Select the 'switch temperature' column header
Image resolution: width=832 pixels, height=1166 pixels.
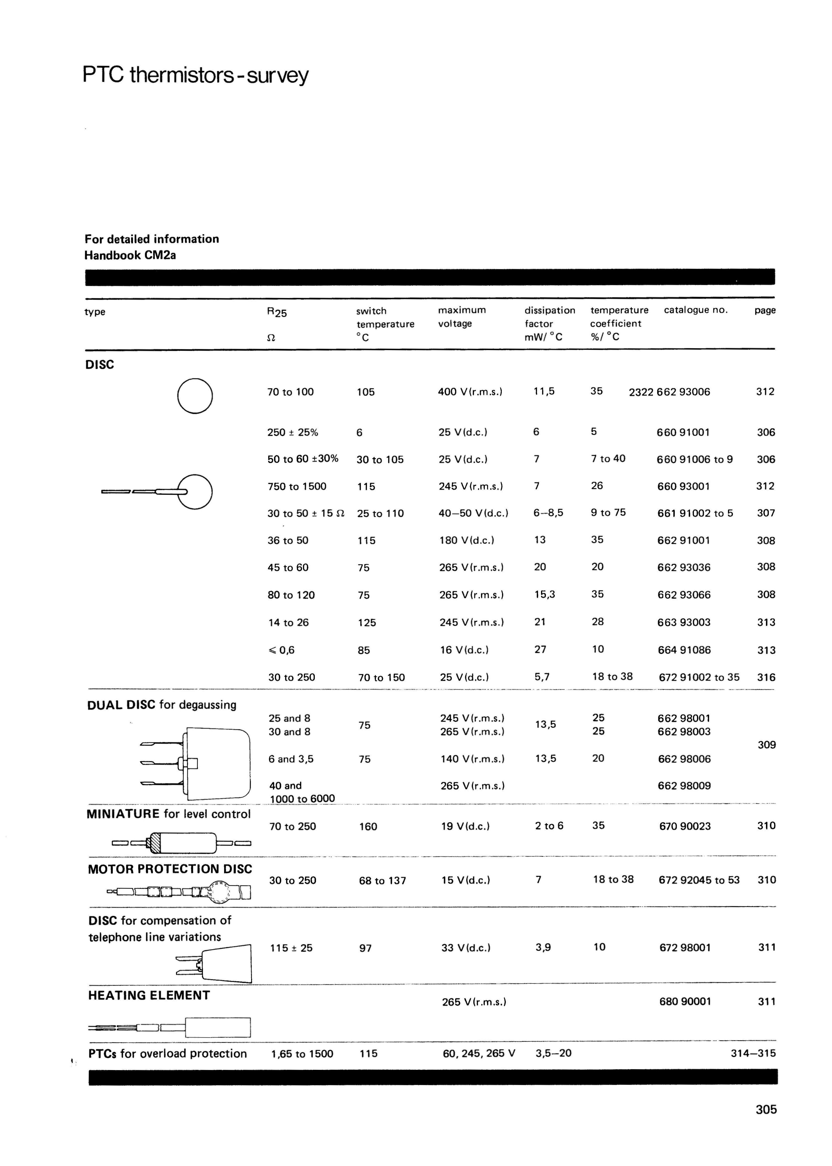pyautogui.click(x=385, y=317)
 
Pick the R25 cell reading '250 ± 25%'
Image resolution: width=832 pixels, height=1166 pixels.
pyautogui.click(x=293, y=432)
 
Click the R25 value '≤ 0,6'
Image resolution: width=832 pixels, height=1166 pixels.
pyautogui.click(x=281, y=650)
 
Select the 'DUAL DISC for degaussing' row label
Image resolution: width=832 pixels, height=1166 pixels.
pyautogui.click(x=162, y=705)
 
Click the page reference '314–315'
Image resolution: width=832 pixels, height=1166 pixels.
pyautogui.click(x=753, y=1053)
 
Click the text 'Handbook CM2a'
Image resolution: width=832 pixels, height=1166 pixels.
pyautogui.click(x=130, y=255)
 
